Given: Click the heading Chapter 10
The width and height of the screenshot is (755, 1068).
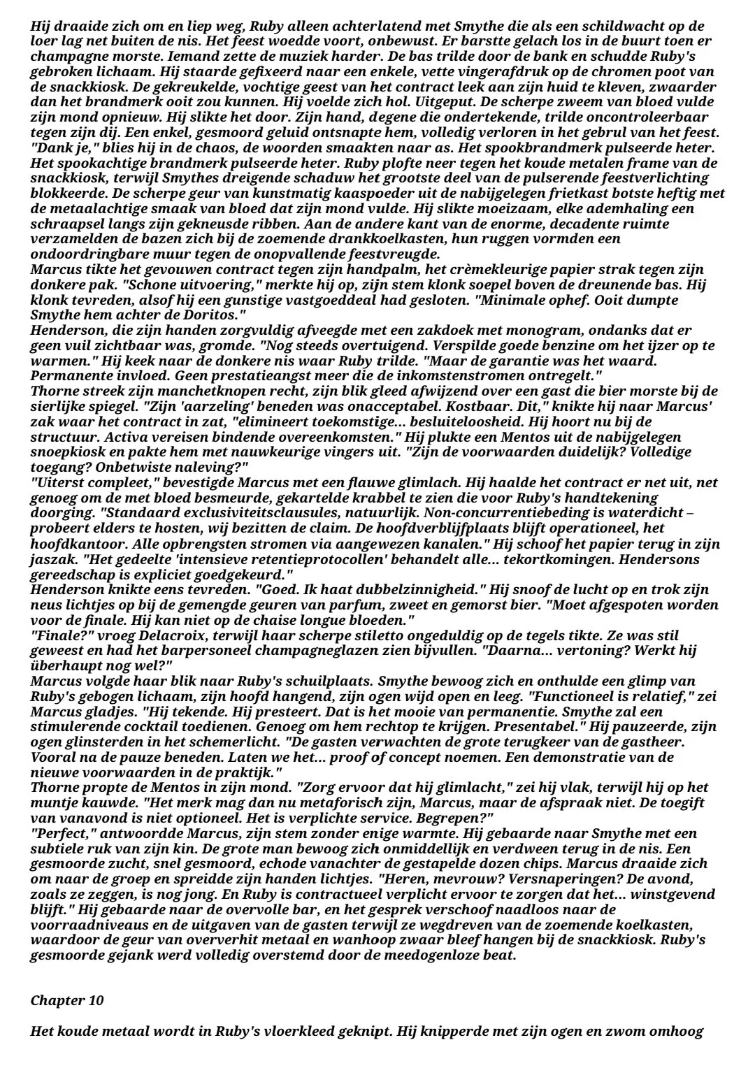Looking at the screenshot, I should click(x=67, y=1000).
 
